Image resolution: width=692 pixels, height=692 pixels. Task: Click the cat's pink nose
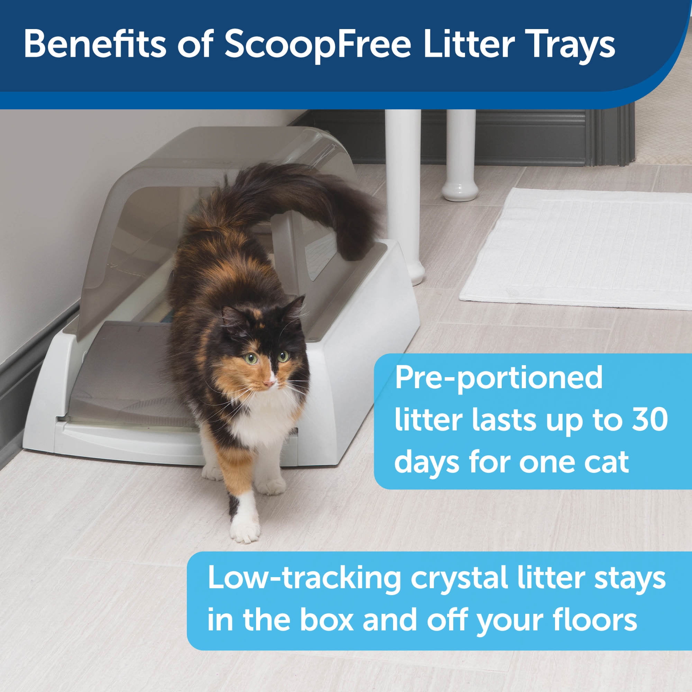[x=267, y=384]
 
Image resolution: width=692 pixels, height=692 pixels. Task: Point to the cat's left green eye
[x=252, y=359]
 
